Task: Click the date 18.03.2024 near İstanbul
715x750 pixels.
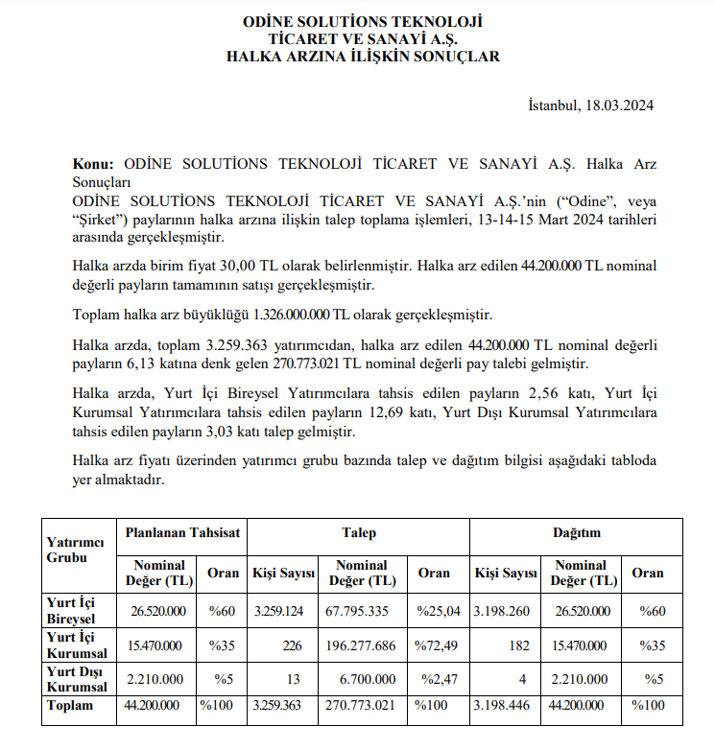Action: tap(619, 106)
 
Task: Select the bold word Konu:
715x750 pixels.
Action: tap(93, 164)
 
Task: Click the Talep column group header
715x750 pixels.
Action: tap(359, 532)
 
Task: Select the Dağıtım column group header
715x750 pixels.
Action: tap(577, 532)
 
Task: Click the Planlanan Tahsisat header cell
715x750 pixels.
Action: tap(182, 532)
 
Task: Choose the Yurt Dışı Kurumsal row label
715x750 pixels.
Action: tap(78, 680)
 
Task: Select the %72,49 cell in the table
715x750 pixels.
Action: tap(436, 645)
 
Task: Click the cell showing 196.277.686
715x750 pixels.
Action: tap(357, 645)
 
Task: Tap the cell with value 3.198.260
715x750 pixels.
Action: tap(505, 610)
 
